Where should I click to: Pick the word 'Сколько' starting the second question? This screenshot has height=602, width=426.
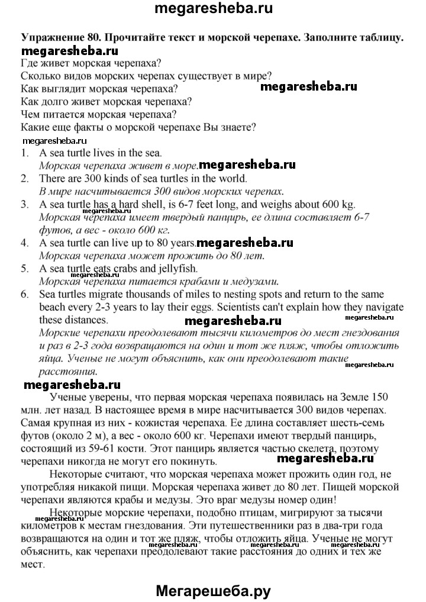pos(40,76)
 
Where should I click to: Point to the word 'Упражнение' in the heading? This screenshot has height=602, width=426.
pos(50,37)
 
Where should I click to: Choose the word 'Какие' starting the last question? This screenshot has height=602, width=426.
pos(35,127)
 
